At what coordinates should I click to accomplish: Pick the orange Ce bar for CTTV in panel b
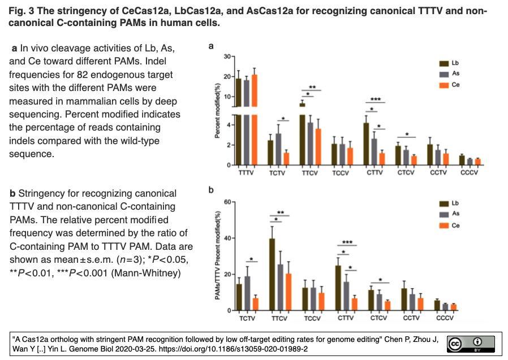click(355, 304)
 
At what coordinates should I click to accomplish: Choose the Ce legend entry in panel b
click(450, 225)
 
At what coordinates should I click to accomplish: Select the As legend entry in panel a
click(450, 73)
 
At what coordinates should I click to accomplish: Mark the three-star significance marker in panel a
click(375, 99)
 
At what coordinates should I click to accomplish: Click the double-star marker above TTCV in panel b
click(280, 213)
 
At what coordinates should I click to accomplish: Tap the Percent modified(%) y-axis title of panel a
click(217, 111)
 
